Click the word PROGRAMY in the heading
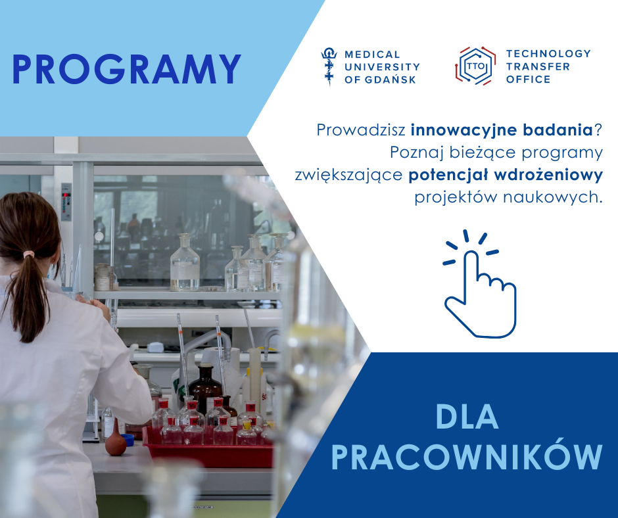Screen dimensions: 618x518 tap(126, 70)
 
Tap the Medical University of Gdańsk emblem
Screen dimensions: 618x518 tap(329, 66)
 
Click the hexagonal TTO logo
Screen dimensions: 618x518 tap(475, 66)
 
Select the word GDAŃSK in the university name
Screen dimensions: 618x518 tap(390, 80)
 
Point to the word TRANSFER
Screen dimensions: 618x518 tap(538, 66)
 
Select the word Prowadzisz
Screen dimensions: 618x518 tap(361, 130)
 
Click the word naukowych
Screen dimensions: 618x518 tap(553, 197)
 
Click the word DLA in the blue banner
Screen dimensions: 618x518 tap(467, 417)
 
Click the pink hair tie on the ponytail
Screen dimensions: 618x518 tap(29, 254)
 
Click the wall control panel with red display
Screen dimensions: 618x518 tap(66, 202)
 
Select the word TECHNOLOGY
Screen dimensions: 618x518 tap(548, 54)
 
